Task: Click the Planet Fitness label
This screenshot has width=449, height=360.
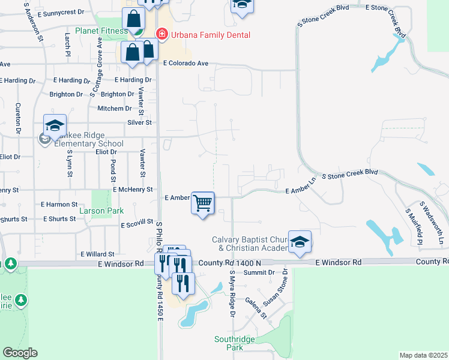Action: point(98,30)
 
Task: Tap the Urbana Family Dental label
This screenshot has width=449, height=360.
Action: point(210,35)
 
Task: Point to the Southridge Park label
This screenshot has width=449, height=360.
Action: point(229,343)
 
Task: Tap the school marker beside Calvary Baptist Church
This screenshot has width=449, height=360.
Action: point(300,242)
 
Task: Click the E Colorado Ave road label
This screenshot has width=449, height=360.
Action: point(185,63)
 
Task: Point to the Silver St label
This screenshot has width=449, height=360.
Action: point(139,122)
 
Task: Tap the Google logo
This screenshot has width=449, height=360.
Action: point(20,353)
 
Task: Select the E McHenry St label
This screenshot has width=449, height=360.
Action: point(133,190)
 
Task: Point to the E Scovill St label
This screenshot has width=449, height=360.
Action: point(139,225)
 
